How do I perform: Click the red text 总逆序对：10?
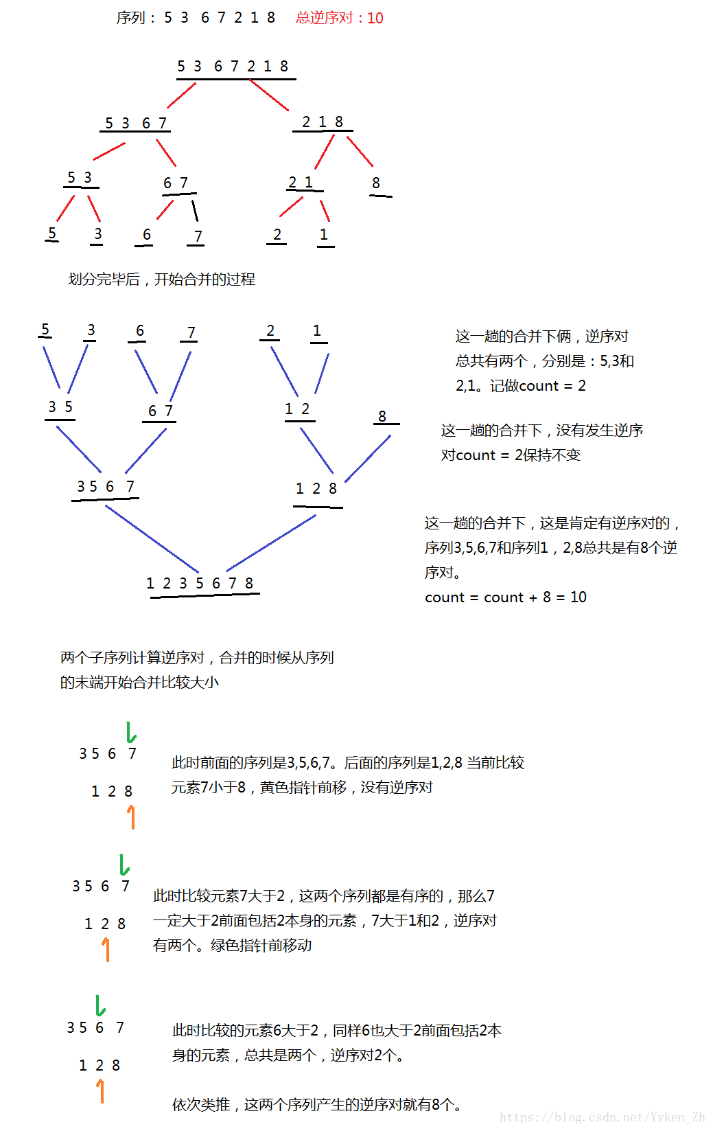(339, 18)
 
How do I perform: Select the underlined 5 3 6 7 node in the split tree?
(136, 123)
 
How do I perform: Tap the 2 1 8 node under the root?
(322, 122)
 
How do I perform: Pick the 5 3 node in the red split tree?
(80, 179)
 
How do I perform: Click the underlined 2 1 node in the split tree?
(301, 183)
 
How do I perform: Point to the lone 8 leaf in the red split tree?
(376, 183)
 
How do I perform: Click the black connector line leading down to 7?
(195, 210)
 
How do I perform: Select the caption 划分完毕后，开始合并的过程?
(161, 279)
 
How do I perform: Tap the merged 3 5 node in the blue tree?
(60, 407)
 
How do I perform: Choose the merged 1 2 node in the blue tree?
(297, 409)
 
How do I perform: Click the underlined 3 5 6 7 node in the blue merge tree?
(106, 487)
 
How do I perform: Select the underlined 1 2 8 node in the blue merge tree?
(316, 489)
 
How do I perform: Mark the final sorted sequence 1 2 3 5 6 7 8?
(200, 584)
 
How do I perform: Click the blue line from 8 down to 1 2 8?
(367, 459)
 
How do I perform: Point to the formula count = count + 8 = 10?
(506, 597)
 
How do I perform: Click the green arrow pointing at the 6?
(100, 1005)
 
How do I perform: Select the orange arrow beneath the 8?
(130, 816)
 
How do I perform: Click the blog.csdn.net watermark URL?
(602, 1117)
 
